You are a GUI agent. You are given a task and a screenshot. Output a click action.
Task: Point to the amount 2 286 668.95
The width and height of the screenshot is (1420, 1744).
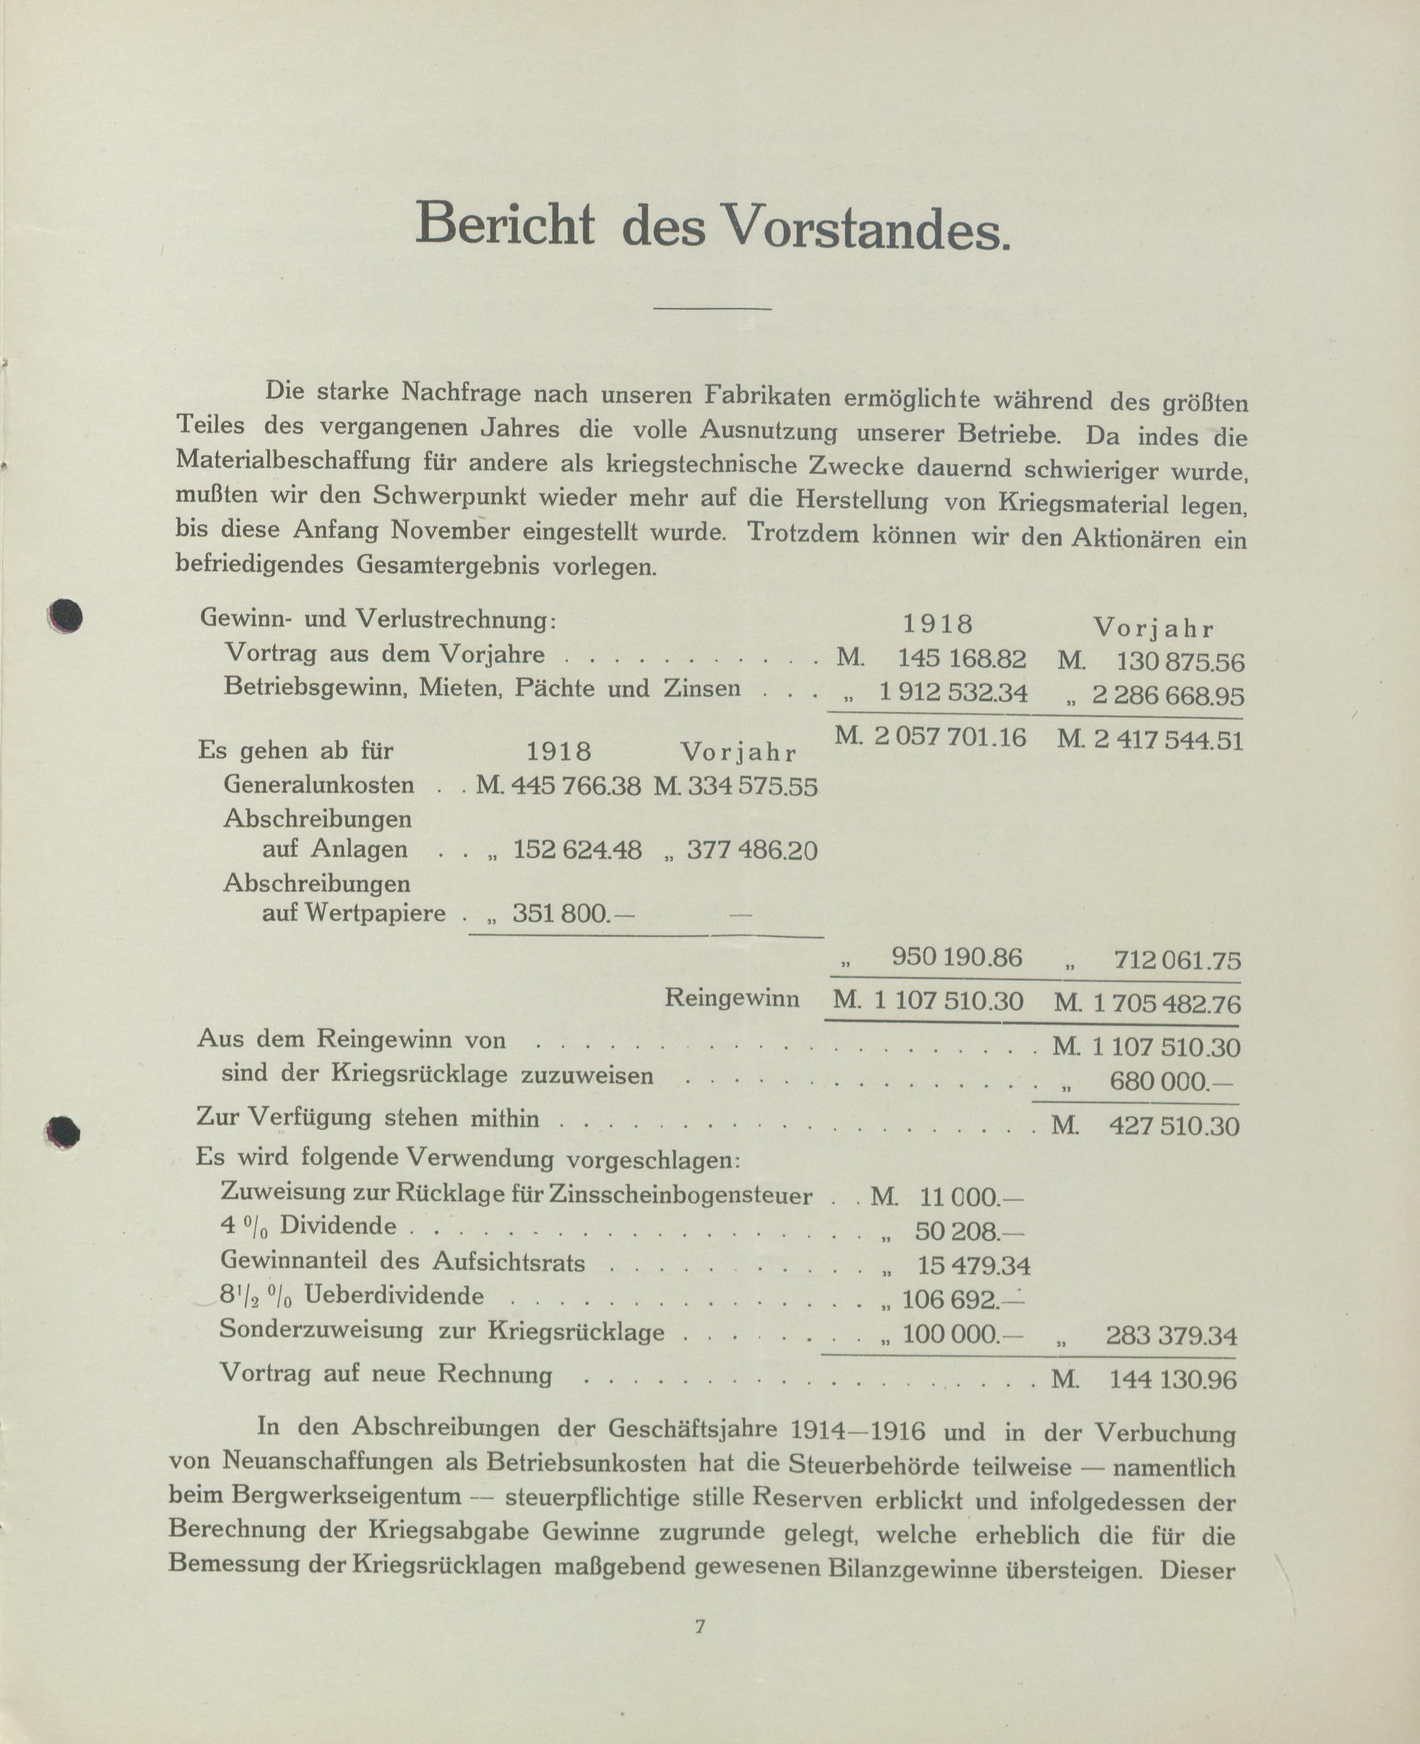[1168, 696]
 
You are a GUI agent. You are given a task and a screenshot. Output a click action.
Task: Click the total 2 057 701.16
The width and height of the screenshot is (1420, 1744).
[949, 738]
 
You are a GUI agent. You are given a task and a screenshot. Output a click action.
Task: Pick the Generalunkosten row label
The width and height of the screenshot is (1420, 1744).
[319, 785]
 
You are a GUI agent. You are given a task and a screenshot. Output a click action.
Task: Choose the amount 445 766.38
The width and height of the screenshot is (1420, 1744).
[576, 786]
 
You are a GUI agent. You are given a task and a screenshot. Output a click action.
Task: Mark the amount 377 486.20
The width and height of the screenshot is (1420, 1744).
[752, 850]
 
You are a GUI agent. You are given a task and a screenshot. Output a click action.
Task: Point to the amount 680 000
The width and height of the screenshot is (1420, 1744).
[1170, 1082]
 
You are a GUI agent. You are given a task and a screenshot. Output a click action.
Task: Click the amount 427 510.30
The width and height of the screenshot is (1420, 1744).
[1174, 1127]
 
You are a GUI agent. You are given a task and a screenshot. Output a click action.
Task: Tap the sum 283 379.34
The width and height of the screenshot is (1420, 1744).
[1171, 1337]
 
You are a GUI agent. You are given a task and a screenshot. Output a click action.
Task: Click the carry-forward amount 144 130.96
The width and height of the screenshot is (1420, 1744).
[1172, 1380]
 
